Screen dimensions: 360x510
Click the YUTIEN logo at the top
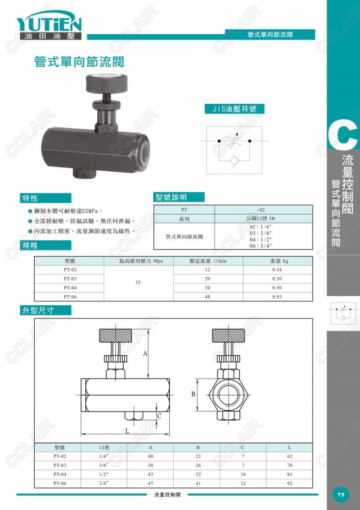coord(49,25)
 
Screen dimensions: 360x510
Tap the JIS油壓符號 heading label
coord(234,109)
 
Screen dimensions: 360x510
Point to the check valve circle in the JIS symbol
coord(234,161)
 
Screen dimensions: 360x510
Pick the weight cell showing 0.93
coord(277,297)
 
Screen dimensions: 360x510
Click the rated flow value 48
coord(207,297)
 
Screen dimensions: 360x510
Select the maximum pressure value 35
coord(138,282)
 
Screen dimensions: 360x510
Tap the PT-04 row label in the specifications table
coord(70,288)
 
